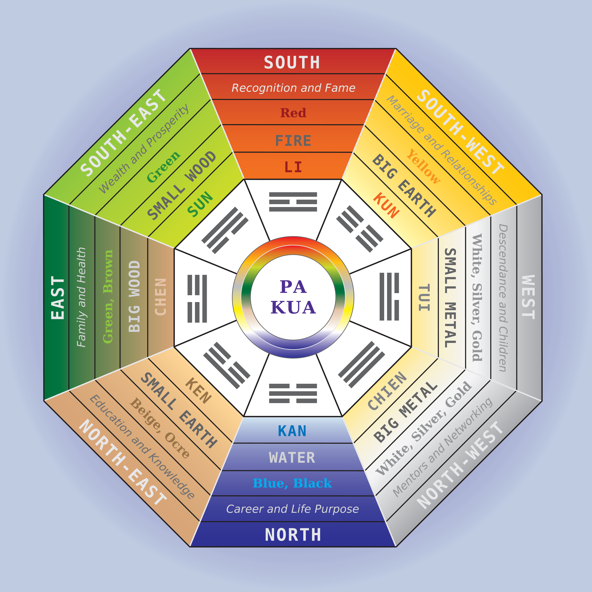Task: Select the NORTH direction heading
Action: pyautogui.click(x=293, y=535)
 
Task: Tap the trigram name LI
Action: pyautogui.click(x=293, y=167)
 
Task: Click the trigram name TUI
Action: pyautogui.click(x=424, y=297)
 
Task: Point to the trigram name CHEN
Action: pyautogui.click(x=161, y=297)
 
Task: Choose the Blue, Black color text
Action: pyautogui.click(x=292, y=483)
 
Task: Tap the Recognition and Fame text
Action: pyautogui.click(x=293, y=88)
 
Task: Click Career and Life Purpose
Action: pyautogui.click(x=292, y=509)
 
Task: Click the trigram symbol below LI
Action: pyautogui.click(x=293, y=202)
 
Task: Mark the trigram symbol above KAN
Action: pyautogui.click(x=293, y=393)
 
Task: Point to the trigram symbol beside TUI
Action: pyautogui.click(x=389, y=297)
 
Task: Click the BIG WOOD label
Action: pyautogui.click(x=134, y=297)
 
